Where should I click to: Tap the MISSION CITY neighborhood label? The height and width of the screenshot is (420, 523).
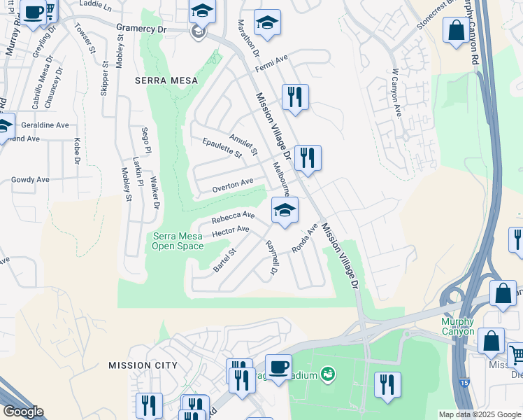(x=143, y=365)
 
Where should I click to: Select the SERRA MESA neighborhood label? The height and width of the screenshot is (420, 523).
(x=166, y=80)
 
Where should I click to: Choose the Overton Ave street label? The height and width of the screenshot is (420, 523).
(x=233, y=185)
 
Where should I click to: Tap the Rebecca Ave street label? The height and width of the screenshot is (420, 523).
(x=233, y=218)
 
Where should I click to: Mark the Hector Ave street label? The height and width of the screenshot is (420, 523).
(x=230, y=231)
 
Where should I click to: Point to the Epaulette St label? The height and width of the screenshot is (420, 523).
(x=222, y=148)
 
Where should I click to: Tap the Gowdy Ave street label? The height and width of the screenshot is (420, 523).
(x=30, y=180)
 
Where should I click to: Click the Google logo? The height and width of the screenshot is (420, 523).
(x=23, y=411)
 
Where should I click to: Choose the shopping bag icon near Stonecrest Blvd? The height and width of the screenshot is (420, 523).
(x=456, y=31)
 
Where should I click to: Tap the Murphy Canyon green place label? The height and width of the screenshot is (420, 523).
(x=458, y=326)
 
